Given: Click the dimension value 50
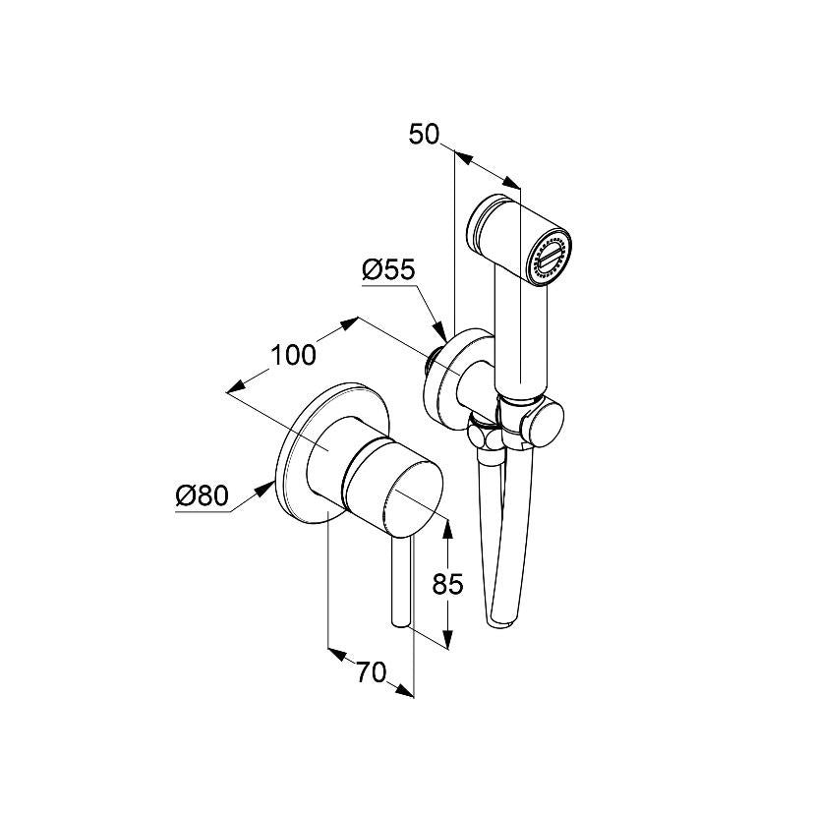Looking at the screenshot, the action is [424, 135].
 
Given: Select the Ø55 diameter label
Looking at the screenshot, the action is [389, 270].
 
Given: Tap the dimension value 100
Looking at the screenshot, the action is [293, 355].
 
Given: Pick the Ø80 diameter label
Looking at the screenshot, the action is [202, 496].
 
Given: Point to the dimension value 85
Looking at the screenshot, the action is [447, 585].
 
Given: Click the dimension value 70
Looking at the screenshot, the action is [372, 672].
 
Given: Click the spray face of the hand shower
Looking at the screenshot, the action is [550, 257].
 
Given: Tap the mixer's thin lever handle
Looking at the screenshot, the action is [401, 581].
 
